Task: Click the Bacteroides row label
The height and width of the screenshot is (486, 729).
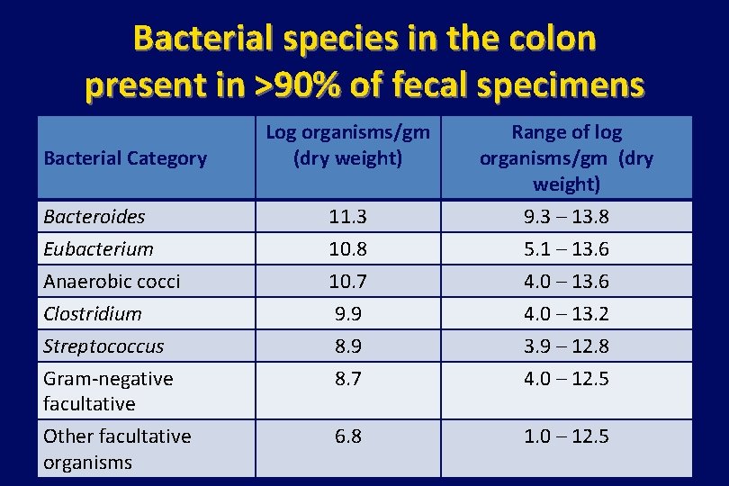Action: pos(94,217)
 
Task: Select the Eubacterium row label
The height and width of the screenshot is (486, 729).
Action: pos(98,249)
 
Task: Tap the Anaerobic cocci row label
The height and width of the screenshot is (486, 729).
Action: pos(112,282)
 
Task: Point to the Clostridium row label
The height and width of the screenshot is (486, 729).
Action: pos(93,314)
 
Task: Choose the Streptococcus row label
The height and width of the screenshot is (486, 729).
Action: pos(103,346)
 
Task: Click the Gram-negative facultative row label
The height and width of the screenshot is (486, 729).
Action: pos(108,391)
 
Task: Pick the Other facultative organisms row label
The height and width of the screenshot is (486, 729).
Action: pos(117,449)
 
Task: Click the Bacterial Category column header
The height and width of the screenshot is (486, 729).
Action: pos(125,159)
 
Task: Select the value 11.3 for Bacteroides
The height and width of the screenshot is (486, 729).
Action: pos(347,217)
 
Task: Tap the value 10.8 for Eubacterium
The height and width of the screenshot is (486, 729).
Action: pos(347,249)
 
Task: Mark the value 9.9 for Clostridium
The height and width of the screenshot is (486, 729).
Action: pos(347,314)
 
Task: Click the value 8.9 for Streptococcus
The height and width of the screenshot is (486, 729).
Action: pos(347,346)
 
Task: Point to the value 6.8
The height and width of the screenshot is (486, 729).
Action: pos(347,436)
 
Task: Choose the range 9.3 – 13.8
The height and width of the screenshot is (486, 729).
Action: pos(566,217)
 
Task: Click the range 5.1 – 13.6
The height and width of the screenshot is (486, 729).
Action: pos(566,249)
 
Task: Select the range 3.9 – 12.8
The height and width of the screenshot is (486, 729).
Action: pos(566,346)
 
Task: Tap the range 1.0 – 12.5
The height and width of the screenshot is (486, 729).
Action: pos(566,436)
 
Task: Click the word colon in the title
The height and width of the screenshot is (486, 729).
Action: pos(546,39)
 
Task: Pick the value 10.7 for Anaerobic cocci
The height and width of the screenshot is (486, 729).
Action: pos(347,282)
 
